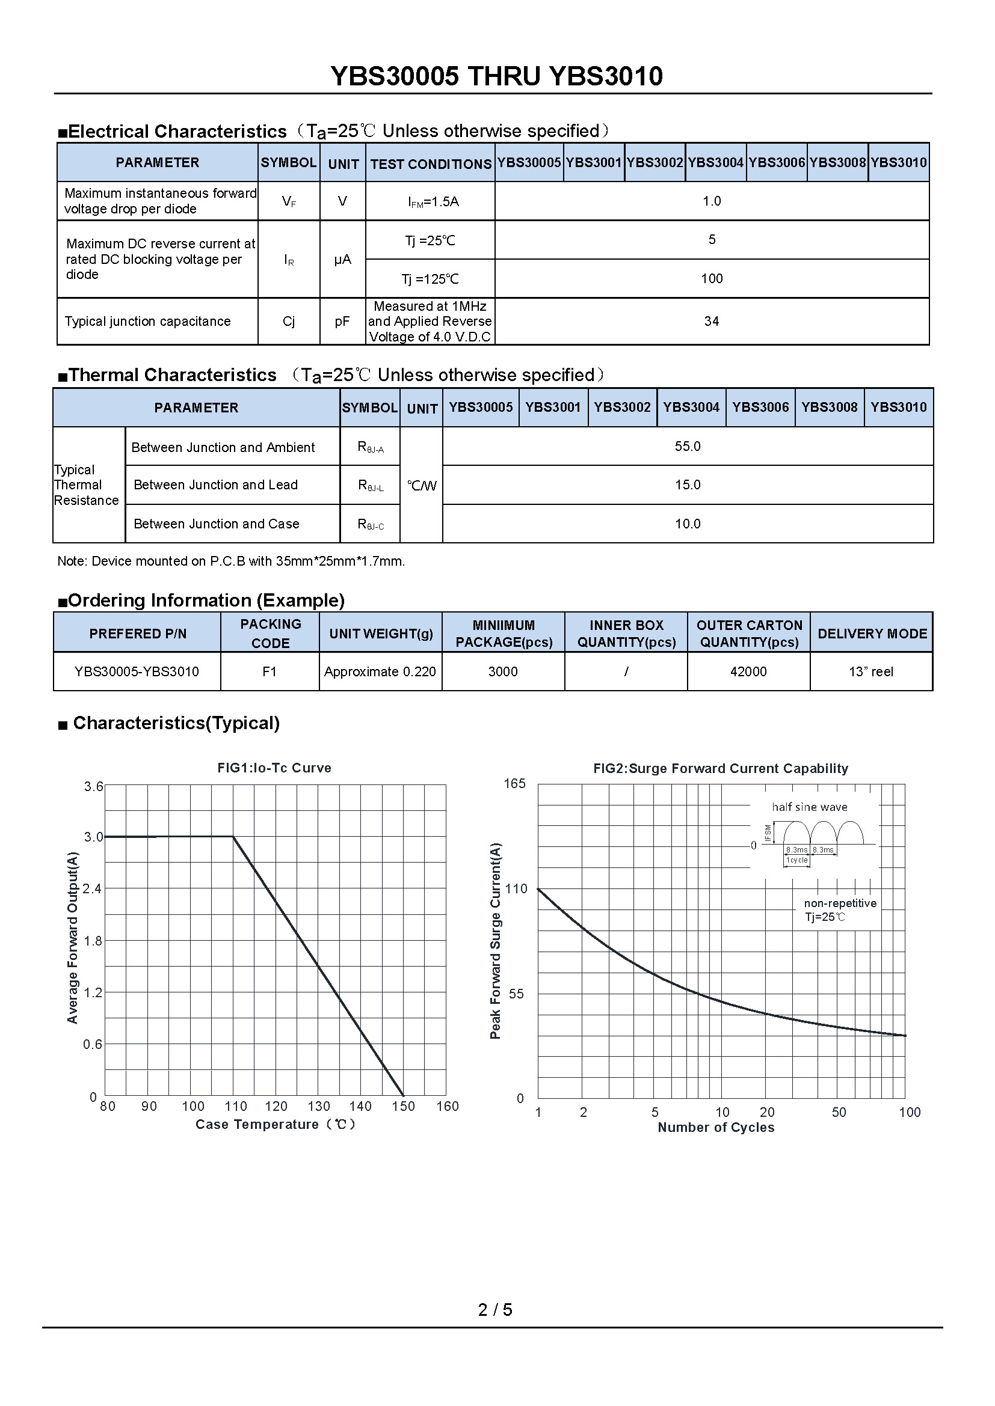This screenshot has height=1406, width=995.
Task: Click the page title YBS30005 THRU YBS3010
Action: tap(496, 76)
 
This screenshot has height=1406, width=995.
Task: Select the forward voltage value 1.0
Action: tap(711, 201)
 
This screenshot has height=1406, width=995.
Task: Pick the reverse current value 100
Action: tap(711, 280)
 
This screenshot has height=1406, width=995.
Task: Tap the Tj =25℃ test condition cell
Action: tap(430, 240)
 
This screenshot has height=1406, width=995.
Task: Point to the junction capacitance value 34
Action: tap(711, 322)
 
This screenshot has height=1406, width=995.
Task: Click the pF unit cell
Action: tap(342, 322)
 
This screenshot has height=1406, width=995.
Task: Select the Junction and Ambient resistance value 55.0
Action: tap(688, 447)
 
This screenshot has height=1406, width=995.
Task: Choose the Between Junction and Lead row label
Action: tap(216, 485)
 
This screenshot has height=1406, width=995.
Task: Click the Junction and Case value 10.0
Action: tap(688, 524)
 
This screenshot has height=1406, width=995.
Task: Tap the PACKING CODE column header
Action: tap(270, 633)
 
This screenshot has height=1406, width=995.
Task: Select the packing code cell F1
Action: tap(270, 672)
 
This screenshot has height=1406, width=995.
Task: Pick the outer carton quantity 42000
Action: tap(748, 672)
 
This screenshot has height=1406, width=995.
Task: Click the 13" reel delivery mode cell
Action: tap(870, 672)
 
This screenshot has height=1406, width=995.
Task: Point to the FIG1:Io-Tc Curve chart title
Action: tap(274, 768)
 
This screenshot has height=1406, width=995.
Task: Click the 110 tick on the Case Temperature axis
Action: tap(236, 1107)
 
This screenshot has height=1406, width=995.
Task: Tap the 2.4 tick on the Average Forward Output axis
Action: tap(93, 889)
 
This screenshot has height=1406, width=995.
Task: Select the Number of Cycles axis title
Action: tap(716, 1127)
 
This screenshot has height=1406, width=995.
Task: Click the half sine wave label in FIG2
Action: tap(809, 807)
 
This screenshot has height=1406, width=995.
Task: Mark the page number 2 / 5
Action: tap(495, 1309)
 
